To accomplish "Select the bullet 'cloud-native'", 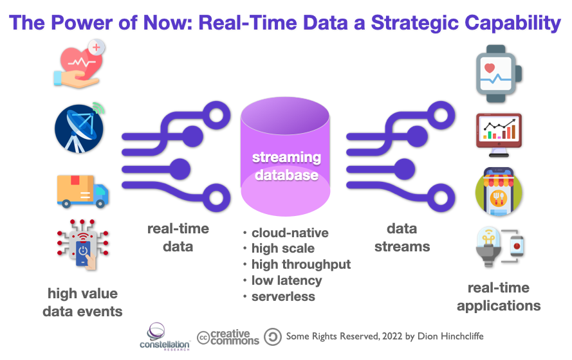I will pos(290,233).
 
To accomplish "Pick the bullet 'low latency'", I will pos(286,280).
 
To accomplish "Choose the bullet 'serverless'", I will pos(283,296).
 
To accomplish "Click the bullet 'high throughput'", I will pos(300,264).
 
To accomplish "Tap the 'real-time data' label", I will pos(178,237).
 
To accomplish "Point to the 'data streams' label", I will pos(402,237).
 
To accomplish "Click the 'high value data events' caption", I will pos(82,302).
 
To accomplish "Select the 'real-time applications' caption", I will pos(499,296).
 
